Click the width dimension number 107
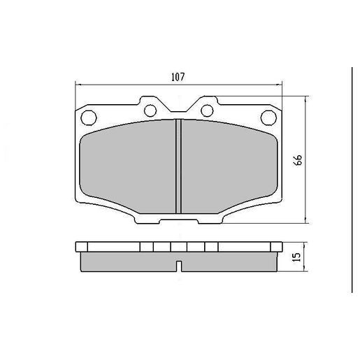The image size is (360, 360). click(178, 77)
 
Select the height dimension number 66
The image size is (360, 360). click(298, 160)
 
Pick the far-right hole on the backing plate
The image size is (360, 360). click(268, 116)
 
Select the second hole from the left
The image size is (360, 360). click(148, 108)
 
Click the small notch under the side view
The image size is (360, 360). click(178, 266)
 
